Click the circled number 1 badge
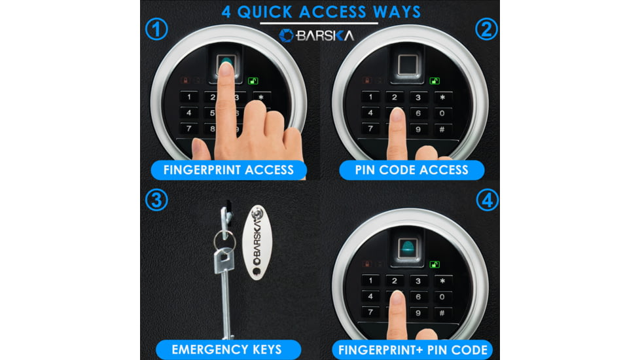(x=156, y=29)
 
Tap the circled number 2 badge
(x=486, y=29)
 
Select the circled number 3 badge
(x=156, y=200)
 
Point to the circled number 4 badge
(x=488, y=200)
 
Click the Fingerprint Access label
(x=228, y=170)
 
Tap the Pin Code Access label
(x=412, y=170)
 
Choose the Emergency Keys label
(x=227, y=350)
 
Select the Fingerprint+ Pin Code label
(x=413, y=350)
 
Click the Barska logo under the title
(x=316, y=36)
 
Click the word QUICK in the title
(x=265, y=12)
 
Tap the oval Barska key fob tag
(x=257, y=242)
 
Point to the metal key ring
(x=224, y=240)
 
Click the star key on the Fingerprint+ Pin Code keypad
(x=442, y=281)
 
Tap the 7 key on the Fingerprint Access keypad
(x=188, y=128)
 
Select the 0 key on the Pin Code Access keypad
(x=442, y=113)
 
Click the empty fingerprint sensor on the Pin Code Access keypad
(x=407, y=64)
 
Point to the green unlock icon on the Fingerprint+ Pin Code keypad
(x=435, y=264)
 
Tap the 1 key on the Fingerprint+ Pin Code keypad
(x=370, y=280)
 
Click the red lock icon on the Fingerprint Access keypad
(x=185, y=81)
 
